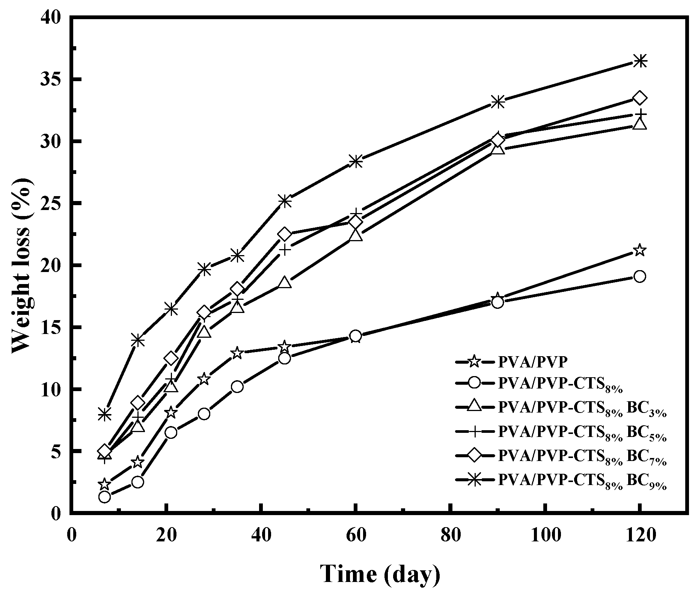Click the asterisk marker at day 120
[x=640, y=60]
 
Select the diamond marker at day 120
[x=640, y=98]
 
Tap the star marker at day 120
[x=640, y=250]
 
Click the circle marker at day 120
[x=640, y=277]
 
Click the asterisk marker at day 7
[x=105, y=414]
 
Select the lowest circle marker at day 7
[x=105, y=497]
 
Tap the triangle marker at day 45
[x=285, y=283]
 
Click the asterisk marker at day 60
[x=356, y=161]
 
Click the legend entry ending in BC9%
[x=582, y=481]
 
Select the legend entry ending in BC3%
[x=582, y=409]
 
